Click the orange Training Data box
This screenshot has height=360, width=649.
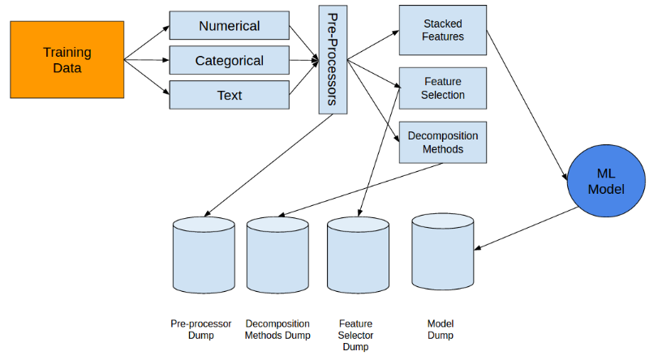tap(67, 59)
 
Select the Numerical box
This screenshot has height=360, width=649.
tap(230, 26)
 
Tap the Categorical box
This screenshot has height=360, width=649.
tap(230, 61)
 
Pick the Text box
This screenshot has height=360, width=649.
tap(230, 95)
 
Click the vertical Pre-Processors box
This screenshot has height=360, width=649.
tap(333, 59)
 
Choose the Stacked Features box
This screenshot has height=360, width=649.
tap(443, 30)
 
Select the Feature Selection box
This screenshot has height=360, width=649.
tap(443, 88)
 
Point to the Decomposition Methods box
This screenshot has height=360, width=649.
tap(443, 143)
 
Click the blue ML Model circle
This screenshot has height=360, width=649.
tap(606, 181)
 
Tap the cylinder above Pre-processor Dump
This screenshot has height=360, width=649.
tap(204, 255)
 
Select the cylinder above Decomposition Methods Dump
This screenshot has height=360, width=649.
tap(277, 255)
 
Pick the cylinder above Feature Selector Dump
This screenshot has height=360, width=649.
tap(358, 255)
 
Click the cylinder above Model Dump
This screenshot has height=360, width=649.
tap(443, 251)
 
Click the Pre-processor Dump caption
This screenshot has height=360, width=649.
tap(200, 329)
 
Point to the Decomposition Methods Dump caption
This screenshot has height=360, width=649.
tap(277, 329)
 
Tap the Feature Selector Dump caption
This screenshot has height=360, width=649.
tap(355, 335)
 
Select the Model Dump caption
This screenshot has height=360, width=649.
tap(441, 329)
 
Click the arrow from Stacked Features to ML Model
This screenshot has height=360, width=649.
tap(527, 105)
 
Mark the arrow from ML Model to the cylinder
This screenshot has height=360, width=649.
tap(526, 229)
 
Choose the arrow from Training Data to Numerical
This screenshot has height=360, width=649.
tap(147, 43)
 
